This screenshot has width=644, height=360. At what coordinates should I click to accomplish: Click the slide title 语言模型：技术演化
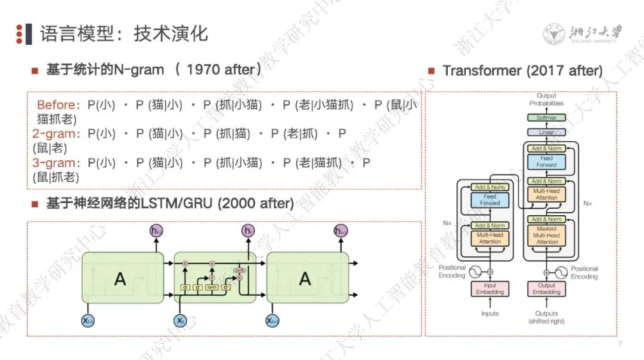124,33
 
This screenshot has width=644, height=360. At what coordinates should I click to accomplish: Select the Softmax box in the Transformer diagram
546,118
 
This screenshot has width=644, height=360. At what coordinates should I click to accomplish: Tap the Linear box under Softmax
546,132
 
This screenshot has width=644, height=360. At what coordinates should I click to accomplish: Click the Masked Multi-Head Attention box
546,235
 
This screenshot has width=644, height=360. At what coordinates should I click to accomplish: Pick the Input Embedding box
490,289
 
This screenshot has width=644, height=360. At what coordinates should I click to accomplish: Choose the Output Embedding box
546,289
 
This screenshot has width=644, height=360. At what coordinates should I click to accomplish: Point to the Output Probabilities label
546,100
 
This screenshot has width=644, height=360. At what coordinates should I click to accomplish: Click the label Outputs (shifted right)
546,317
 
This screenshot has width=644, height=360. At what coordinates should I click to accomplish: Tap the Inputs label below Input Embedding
490,314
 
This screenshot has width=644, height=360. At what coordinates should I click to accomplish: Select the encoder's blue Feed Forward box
490,200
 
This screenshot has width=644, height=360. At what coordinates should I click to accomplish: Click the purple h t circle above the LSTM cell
247,230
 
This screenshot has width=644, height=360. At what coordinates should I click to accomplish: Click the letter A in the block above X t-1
120,278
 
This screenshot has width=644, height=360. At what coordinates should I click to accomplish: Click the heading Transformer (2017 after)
522,70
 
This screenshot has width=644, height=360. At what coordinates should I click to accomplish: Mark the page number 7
620,344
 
